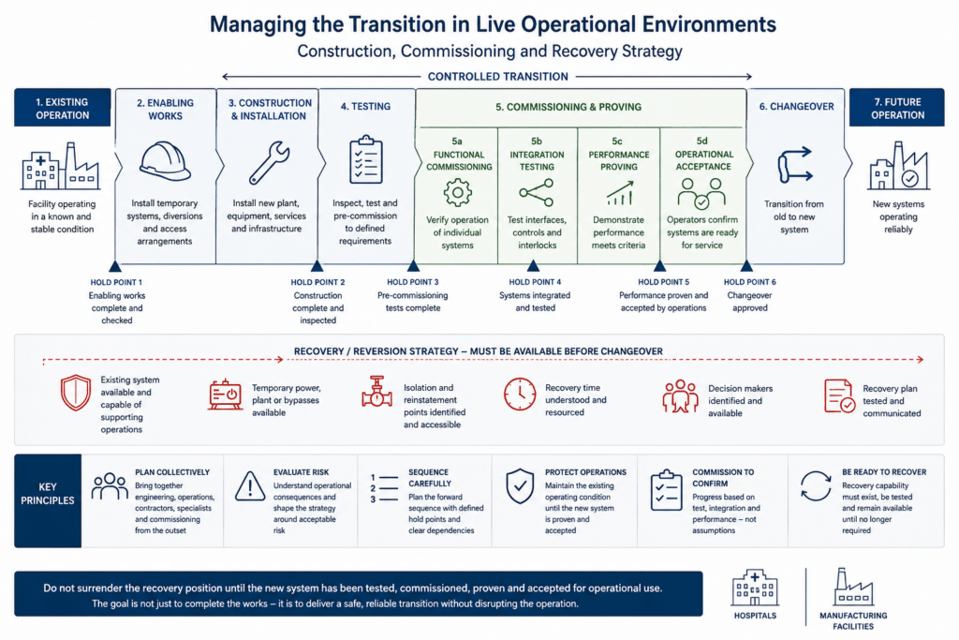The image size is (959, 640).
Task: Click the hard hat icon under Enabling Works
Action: click(165, 161)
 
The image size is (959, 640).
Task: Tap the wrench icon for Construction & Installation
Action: click(269, 163)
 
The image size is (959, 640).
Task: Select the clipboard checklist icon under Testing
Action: click(366, 159)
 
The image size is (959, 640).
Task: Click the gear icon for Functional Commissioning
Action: click(457, 193)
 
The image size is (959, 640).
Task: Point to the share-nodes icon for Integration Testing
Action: click(537, 193)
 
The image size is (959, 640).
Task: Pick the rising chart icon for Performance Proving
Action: click(619, 193)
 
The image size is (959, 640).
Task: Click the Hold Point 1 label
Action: click(116, 282)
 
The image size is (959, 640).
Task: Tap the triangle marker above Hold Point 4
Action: click(533, 265)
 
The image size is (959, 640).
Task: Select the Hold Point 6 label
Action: click(750, 282)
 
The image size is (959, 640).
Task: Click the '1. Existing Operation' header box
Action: click(63, 108)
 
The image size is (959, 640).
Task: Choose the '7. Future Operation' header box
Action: click(896, 108)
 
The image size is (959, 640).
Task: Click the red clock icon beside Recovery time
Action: click(520, 394)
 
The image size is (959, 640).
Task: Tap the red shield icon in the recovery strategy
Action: click(76, 393)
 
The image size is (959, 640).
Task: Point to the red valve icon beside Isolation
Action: click(376, 392)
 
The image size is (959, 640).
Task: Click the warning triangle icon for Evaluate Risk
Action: click(249, 486)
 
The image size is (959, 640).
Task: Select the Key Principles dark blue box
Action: click(48, 500)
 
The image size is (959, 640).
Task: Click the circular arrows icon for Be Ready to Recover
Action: click(816, 485)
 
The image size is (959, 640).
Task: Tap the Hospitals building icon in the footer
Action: click(755, 588)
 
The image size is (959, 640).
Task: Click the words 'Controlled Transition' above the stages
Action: click(498, 77)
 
